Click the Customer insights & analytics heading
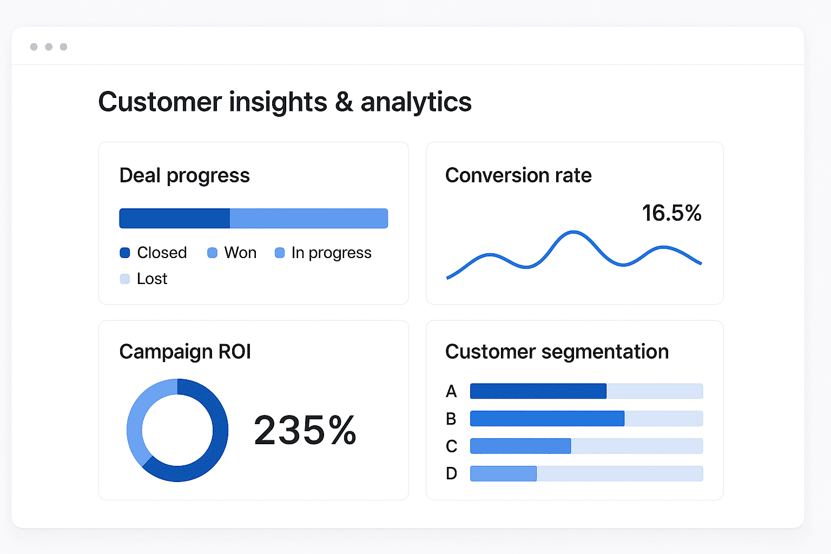(285, 102)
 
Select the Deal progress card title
(184, 175)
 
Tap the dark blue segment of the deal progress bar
(174, 218)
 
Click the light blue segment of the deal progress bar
(308, 218)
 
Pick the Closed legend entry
(154, 253)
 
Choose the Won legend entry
(232, 253)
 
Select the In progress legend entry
(324, 253)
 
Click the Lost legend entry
(144, 279)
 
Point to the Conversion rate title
(518, 175)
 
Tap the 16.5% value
(671, 213)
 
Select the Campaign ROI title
(185, 352)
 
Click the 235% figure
(305, 431)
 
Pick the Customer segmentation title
(557, 352)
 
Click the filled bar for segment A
(538, 391)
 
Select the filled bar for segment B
(547, 419)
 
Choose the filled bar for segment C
(520, 446)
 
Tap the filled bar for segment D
(503, 474)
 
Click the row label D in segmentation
(451, 474)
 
